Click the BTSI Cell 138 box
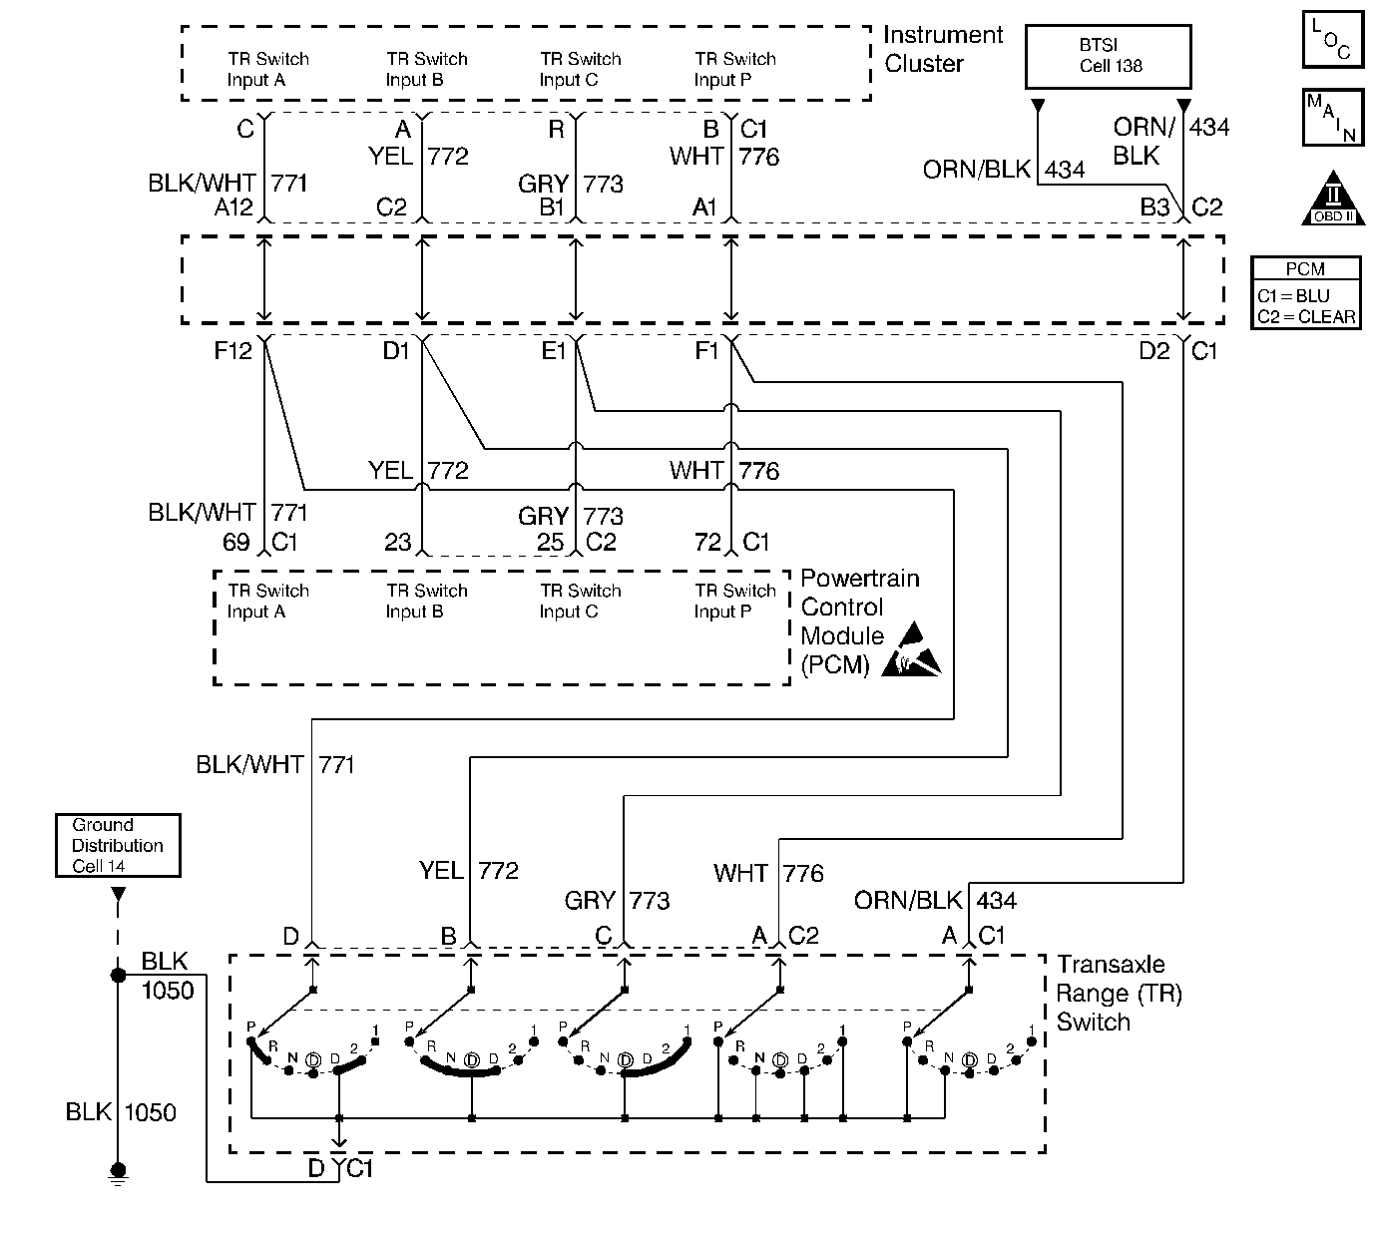(1109, 56)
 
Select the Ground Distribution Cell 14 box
(118, 845)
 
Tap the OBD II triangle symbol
(1333, 201)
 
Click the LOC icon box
(1333, 40)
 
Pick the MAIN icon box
(1333, 118)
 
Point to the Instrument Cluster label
(942, 49)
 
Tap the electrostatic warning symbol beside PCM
(917, 651)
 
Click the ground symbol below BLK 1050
(118, 1174)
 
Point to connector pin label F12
(232, 351)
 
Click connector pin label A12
(234, 207)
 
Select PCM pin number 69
(235, 542)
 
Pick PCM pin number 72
(707, 542)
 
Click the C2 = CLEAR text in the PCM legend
(1306, 316)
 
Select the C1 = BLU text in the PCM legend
(1293, 296)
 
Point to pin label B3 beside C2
(1154, 207)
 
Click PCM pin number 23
(397, 542)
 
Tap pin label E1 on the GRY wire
(553, 351)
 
